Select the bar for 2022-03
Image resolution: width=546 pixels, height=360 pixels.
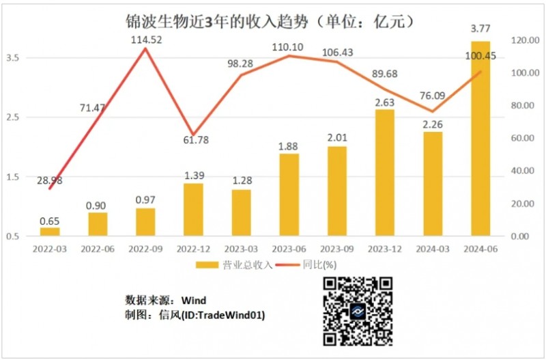pos(50,232)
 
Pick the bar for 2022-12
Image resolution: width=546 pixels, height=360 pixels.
pos(193,210)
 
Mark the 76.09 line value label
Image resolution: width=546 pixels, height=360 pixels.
pos(432,96)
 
